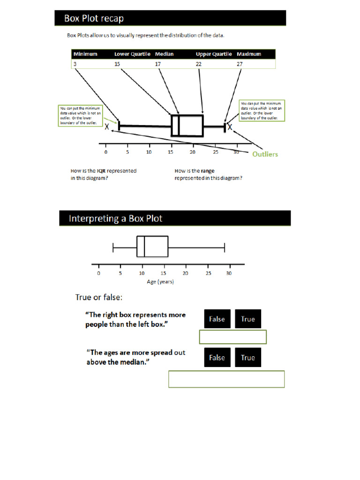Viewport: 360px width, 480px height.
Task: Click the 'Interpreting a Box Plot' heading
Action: [116, 218]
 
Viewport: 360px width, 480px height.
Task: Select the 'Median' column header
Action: [165, 54]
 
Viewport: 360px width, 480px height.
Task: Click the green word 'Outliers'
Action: [265, 154]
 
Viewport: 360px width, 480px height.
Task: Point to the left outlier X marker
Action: [107, 127]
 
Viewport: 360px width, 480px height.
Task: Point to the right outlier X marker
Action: [230, 127]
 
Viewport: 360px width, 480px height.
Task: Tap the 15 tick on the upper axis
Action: [171, 152]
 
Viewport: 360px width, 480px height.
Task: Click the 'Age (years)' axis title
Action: [161, 282]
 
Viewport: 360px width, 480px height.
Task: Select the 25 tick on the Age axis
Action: [208, 273]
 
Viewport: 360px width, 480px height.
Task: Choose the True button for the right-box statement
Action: [247, 319]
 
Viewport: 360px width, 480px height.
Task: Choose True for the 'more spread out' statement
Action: [247, 358]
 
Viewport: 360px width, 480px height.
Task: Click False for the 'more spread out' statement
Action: [217, 358]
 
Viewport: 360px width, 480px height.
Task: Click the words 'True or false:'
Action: [99, 297]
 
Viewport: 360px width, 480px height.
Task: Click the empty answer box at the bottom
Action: [226, 379]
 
